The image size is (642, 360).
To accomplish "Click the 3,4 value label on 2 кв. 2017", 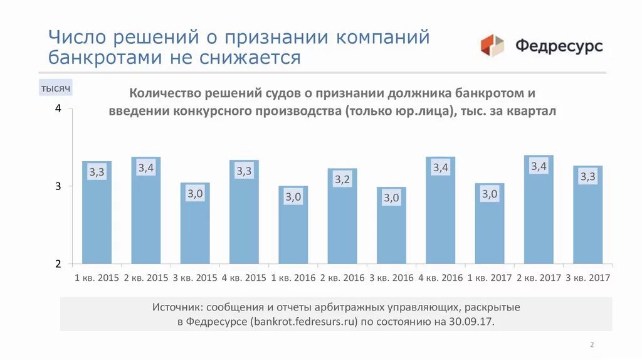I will click(x=539, y=166).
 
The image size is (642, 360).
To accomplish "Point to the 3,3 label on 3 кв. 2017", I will click(x=587, y=177).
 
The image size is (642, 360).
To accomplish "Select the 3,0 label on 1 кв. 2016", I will click(x=293, y=197).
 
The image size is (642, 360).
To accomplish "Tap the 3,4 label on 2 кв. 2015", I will click(x=146, y=167).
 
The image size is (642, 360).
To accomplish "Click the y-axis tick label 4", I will click(x=58, y=109).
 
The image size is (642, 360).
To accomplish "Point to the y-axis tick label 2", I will click(x=58, y=263).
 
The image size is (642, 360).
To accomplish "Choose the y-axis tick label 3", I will click(x=58, y=186).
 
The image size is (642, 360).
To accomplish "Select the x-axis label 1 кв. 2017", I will click(x=489, y=278).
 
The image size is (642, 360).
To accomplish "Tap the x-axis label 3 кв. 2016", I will click(x=391, y=278).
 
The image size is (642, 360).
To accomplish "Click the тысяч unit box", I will click(x=56, y=88).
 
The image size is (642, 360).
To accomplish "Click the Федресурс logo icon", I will click(x=493, y=46).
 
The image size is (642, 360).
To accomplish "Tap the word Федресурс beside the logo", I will click(x=559, y=46).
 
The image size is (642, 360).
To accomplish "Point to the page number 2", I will click(x=592, y=345).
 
